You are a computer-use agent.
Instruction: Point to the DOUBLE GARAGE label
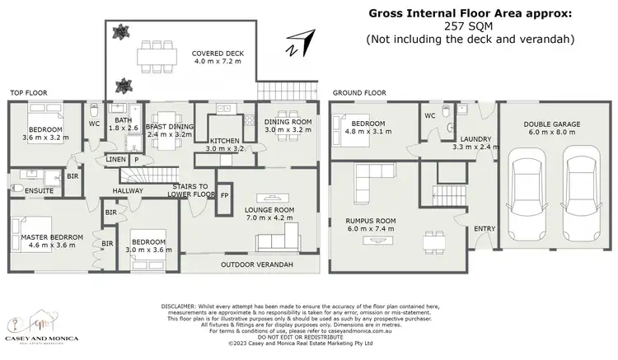551,124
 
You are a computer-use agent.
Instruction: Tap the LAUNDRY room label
476,139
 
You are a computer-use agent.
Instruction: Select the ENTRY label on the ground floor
484,228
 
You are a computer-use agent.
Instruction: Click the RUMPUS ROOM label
371,222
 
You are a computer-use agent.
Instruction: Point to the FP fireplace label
225,196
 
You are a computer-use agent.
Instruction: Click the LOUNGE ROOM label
269,210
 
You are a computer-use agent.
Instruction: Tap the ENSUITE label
27,191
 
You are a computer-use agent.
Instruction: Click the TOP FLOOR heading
28,93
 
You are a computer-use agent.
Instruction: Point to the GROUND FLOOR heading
359,93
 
